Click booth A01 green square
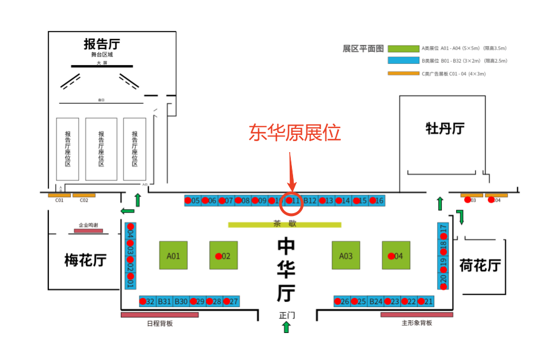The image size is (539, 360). pos(173,255)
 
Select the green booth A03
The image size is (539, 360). pos(346,255)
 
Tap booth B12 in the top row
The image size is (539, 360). pos(310,200)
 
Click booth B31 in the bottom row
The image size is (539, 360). pos(165,301)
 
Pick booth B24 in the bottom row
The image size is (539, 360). pos(376,301)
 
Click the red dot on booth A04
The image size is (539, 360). pos(392,256)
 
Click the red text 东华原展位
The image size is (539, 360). pos(295,133)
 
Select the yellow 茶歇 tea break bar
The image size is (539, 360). pos(284,225)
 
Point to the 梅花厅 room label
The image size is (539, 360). pos(85,260)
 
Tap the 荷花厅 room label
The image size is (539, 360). pos(480,266)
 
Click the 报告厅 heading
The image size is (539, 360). pos(102,44)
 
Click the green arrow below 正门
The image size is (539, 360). pos(286,327)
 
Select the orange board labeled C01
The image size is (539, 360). pos(59,195)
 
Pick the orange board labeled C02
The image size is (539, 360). pos(84,195)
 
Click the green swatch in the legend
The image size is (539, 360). pos(403,49)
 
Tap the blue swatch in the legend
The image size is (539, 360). pos(403,60)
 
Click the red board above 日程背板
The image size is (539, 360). pos(160,315)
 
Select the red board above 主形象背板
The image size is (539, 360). pos(416,315)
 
